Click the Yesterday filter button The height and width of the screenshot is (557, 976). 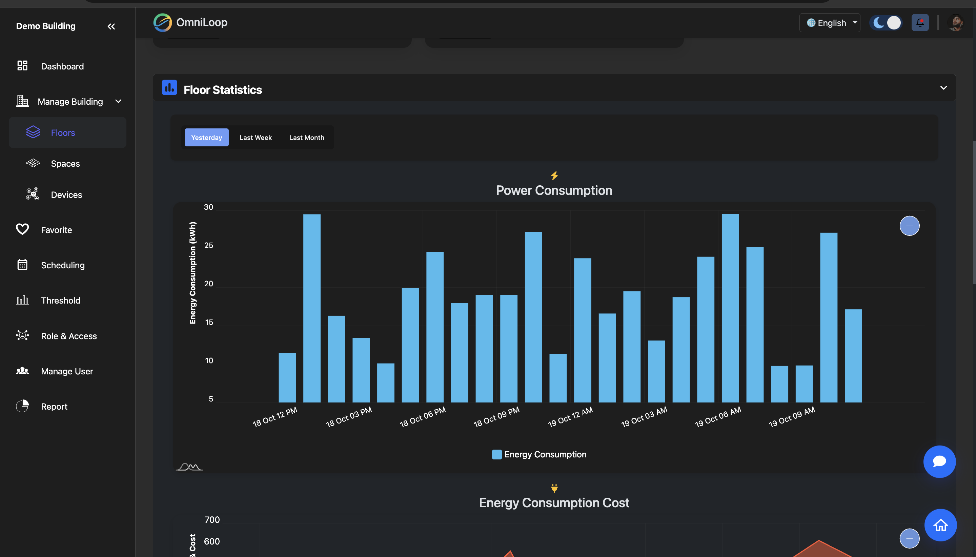coord(206,137)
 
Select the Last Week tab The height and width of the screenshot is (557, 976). coord(255,137)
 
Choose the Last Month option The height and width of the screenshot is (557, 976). coord(306,137)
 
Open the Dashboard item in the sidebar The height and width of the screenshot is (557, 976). coord(62,66)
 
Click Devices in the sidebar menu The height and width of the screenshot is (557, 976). coord(66,195)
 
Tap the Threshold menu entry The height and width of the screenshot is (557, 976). coord(60,300)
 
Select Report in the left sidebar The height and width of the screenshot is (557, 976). coord(54,406)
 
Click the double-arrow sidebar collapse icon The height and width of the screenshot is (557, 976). coord(111,26)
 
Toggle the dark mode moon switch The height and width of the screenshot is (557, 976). coord(885,23)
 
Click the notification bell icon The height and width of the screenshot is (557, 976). coord(920,23)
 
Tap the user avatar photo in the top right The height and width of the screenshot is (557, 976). coord(955,23)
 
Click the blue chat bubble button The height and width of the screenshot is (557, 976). coord(939,461)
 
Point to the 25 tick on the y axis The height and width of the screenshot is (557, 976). coord(208,245)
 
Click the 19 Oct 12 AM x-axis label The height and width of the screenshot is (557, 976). coord(570,417)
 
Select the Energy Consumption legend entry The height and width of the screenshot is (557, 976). coord(539,454)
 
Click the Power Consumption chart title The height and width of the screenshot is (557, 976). coord(554,190)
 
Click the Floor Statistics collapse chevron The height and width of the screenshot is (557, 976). coord(943,88)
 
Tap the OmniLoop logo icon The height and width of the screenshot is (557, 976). coord(163,23)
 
